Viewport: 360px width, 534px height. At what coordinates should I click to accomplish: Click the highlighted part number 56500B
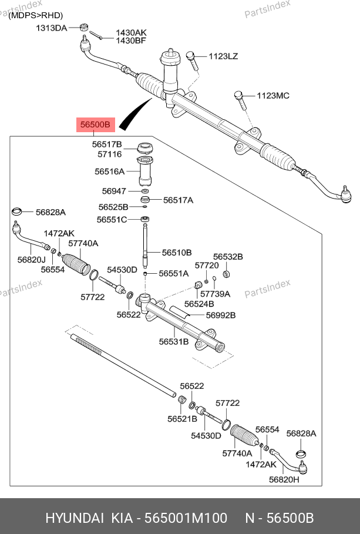[95, 125]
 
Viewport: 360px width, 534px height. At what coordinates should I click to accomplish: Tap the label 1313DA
[52, 28]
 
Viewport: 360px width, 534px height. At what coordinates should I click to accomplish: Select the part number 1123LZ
[224, 56]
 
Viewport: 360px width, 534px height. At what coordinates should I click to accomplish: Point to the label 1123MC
[273, 95]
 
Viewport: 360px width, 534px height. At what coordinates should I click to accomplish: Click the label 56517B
[106, 144]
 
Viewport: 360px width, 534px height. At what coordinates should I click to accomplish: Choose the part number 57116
[109, 154]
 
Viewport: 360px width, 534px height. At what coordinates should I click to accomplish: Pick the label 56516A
[109, 172]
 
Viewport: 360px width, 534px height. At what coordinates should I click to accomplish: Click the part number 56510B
[177, 252]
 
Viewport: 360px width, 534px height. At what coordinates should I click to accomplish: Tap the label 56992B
[220, 315]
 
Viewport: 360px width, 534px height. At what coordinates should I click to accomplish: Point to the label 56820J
[31, 259]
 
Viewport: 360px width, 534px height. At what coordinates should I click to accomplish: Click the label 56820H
[284, 479]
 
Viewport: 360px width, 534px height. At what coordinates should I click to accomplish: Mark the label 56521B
[182, 419]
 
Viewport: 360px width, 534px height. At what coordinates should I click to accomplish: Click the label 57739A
[215, 293]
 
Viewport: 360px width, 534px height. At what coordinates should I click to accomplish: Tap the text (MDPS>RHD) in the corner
[35, 15]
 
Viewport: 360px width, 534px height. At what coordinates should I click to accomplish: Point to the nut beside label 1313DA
[83, 27]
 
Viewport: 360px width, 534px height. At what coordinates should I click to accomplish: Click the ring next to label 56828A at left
[18, 211]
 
